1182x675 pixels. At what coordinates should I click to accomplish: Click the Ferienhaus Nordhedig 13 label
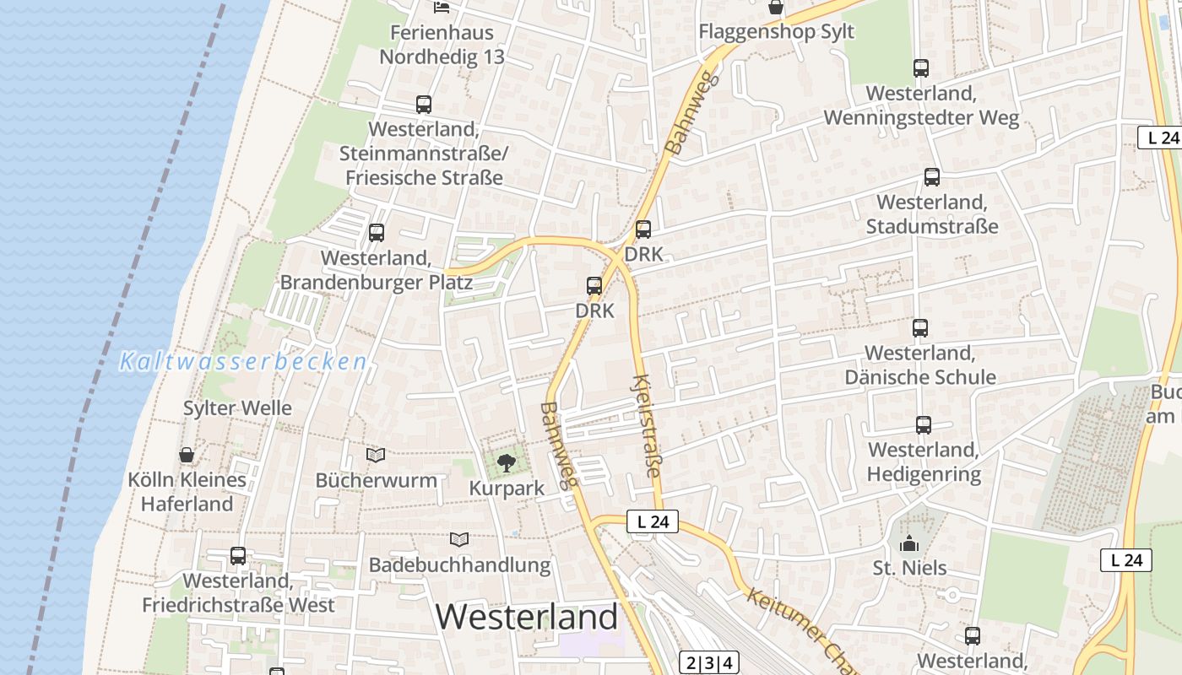(442, 45)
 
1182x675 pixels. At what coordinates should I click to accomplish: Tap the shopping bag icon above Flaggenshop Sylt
(775, 8)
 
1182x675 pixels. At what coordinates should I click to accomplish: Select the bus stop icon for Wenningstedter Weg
(920, 68)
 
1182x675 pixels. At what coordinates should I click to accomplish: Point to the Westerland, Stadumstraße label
(932, 214)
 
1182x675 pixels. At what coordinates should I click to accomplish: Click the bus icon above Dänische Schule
(920, 328)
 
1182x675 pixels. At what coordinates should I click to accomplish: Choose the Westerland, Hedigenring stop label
(924, 462)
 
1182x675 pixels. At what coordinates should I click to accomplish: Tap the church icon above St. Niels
(909, 543)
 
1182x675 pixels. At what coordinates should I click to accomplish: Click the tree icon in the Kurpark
(506, 462)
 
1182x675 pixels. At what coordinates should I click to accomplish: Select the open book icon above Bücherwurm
(376, 456)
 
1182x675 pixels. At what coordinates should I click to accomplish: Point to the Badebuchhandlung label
(459, 564)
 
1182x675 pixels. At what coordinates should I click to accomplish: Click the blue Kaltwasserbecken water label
(243, 362)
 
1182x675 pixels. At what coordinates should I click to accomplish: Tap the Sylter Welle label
(237, 408)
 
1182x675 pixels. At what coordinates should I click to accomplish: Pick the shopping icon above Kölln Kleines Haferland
(187, 456)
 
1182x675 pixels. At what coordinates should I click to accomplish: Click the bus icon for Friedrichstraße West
(238, 556)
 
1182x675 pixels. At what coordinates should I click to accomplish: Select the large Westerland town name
(527, 618)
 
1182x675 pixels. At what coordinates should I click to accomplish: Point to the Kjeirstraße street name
(647, 425)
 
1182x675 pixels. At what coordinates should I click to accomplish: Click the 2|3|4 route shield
(708, 662)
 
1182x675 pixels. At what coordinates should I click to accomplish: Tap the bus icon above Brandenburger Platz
(377, 233)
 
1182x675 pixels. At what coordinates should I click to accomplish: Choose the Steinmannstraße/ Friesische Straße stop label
(424, 154)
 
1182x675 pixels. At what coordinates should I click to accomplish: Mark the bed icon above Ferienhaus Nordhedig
(442, 8)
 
